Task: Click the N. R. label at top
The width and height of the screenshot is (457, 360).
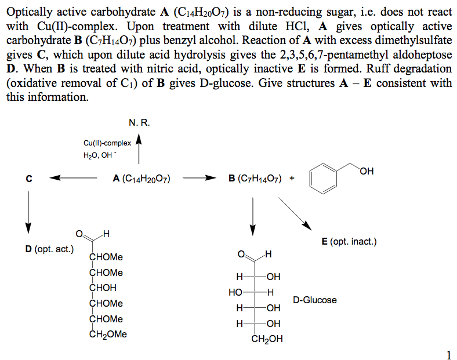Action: pos(137,123)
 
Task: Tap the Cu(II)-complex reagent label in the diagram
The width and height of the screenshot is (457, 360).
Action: pos(107,143)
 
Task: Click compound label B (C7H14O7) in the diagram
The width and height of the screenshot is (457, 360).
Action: pos(255,179)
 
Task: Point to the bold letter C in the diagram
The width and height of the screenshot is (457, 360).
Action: pos(28,179)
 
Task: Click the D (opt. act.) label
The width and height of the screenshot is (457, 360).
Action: pos(49,249)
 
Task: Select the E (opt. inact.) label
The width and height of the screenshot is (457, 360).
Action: pos(349,241)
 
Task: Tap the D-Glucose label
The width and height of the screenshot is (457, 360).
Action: pos(314,300)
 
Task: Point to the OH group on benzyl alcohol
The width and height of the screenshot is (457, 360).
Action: pos(367,170)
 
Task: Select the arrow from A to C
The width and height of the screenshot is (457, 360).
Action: pos(73,179)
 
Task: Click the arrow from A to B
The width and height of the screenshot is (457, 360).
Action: pos(199,179)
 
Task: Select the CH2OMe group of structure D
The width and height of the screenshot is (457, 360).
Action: pos(109,334)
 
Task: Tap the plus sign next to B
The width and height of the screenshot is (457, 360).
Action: pos(291,179)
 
